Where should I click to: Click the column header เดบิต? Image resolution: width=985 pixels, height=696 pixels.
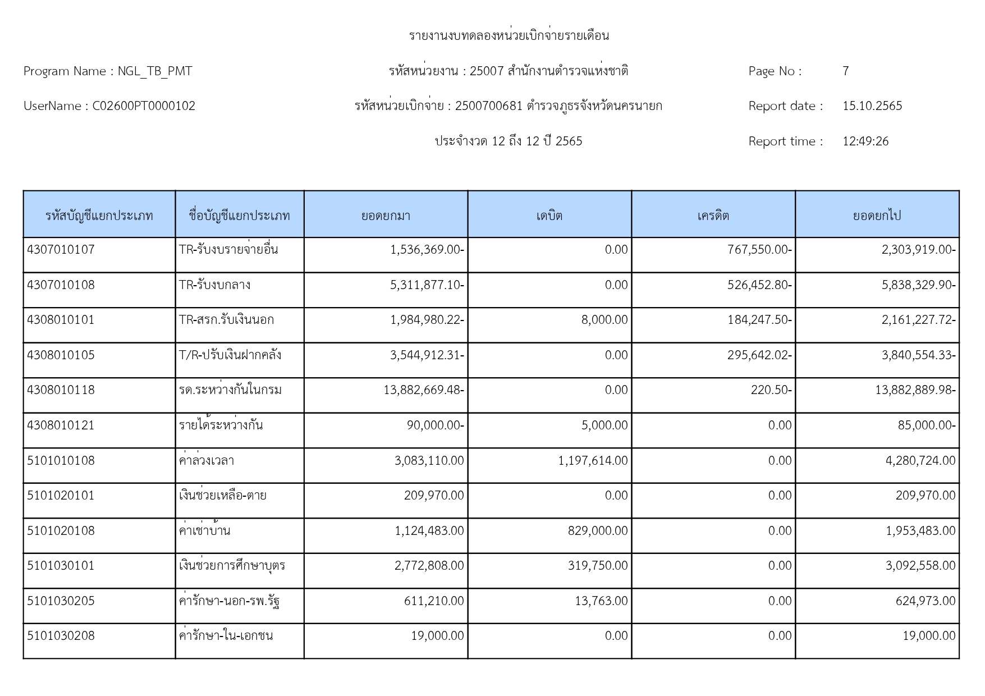[x=549, y=216]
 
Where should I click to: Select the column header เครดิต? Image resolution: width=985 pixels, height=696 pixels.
[x=713, y=216]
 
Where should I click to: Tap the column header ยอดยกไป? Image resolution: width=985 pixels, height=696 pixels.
[x=877, y=216]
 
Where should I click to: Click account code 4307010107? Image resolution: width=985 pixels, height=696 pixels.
[x=61, y=250]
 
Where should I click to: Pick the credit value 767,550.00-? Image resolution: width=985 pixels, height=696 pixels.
[x=759, y=250]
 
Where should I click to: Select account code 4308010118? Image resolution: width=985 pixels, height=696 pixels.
[x=61, y=390]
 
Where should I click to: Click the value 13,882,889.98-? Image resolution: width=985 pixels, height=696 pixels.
[x=915, y=390]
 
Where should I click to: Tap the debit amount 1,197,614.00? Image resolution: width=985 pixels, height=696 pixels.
[x=593, y=461]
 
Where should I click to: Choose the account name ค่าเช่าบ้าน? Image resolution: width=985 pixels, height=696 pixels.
[x=204, y=531]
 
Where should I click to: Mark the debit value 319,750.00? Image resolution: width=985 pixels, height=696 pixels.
[x=598, y=566]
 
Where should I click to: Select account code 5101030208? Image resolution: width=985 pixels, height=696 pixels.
[x=61, y=636]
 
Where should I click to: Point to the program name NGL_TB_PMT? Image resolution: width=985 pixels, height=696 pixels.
[x=155, y=71]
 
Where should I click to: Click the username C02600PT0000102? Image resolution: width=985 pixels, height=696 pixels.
[x=144, y=106]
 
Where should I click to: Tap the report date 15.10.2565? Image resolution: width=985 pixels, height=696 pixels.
[x=872, y=106]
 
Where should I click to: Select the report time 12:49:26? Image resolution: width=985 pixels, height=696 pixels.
[x=865, y=141]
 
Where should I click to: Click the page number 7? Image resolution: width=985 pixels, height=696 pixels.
[x=845, y=71]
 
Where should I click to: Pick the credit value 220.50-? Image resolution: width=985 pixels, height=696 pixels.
[x=771, y=390]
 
